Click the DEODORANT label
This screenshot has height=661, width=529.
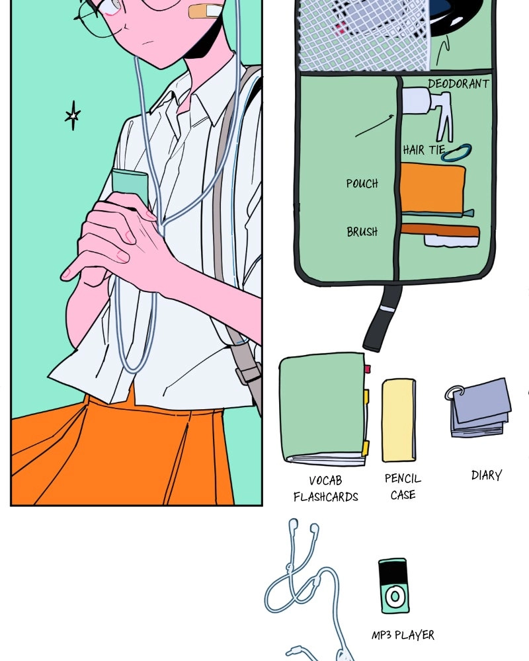click(458, 83)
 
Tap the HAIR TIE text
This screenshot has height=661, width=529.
click(424, 149)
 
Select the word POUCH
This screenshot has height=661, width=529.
click(362, 183)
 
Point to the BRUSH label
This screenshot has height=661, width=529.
click(362, 231)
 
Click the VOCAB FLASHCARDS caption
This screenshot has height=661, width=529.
click(326, 488)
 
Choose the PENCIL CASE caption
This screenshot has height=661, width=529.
click(403, 486)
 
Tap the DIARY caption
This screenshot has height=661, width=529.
click(487, 475)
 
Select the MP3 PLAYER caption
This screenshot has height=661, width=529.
click(403, 635)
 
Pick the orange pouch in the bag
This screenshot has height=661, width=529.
click(432, 188)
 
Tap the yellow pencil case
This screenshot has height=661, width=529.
click(399, 420)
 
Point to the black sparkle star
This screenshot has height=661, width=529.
click(73, 115)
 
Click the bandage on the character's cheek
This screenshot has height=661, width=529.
click(206, 11)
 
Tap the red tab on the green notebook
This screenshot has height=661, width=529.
click(368, 369)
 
